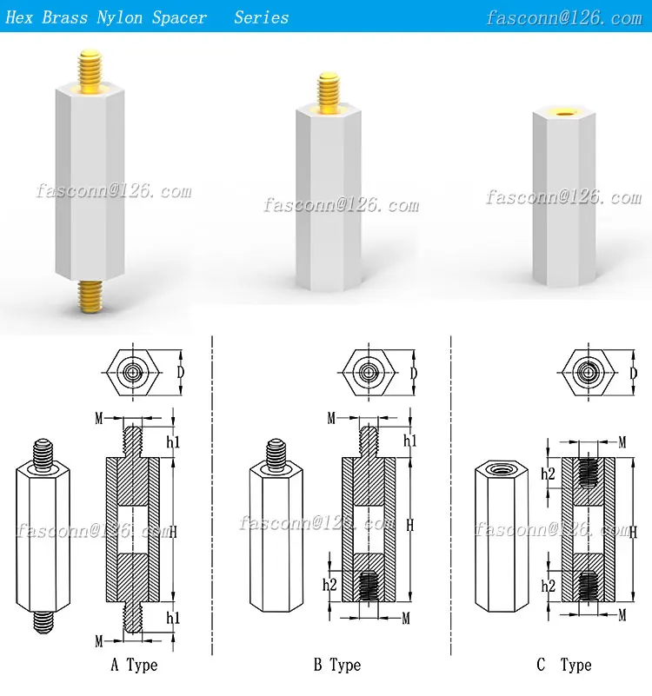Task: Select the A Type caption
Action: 134,666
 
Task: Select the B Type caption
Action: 336,666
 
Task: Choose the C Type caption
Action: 563,666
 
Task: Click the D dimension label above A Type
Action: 180,373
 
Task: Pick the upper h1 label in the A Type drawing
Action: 173,441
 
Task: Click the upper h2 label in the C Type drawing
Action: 548,474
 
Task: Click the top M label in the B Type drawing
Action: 331,419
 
